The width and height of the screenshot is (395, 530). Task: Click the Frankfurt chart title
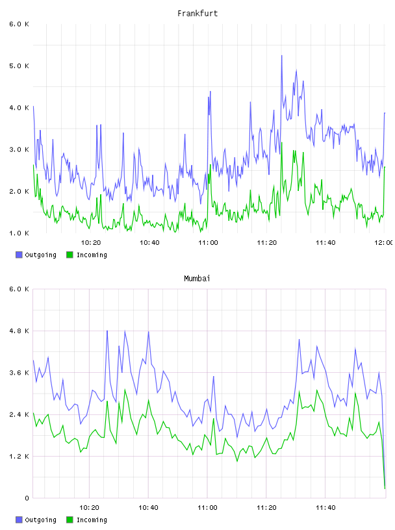tap(197, 14)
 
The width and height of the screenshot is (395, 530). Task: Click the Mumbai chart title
tap(197, 279)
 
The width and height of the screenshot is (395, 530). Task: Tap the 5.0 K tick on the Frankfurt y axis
tap(19, 66)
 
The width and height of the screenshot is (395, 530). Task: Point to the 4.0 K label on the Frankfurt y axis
tap(19, 108)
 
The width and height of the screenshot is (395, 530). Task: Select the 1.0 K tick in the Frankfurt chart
tap(19, 233)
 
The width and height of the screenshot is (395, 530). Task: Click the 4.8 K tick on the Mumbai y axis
tap(19, 331)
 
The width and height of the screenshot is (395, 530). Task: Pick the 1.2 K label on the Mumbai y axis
tap(19, 457)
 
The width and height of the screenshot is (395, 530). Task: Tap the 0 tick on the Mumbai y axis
tap(27, 498)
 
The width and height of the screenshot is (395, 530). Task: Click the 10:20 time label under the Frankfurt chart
tap(91, 243)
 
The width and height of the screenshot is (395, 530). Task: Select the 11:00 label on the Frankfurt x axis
tap(208, 243)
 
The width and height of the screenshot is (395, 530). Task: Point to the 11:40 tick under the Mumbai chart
tap(325, 508)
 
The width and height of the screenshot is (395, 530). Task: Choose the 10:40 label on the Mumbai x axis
tap(149, 508)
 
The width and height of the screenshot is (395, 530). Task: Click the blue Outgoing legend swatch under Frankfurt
tap(19, 255)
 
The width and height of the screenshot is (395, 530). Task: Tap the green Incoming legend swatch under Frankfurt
tap(70, 255)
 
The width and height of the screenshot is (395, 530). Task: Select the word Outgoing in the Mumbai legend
tap(40, 520)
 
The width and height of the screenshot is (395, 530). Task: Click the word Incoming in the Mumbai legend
tap(92, 520)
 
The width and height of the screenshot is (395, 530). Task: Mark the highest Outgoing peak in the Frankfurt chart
tap(282, 56)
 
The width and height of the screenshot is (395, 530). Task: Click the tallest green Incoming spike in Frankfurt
tap(281, 143)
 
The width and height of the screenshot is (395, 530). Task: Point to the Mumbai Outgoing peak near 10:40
tap(149, 332)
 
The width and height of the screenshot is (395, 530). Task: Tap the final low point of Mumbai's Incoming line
tap(385, 488)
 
